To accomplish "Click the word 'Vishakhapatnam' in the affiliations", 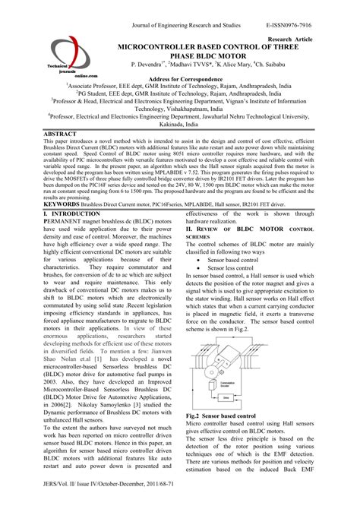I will [179, 109].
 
